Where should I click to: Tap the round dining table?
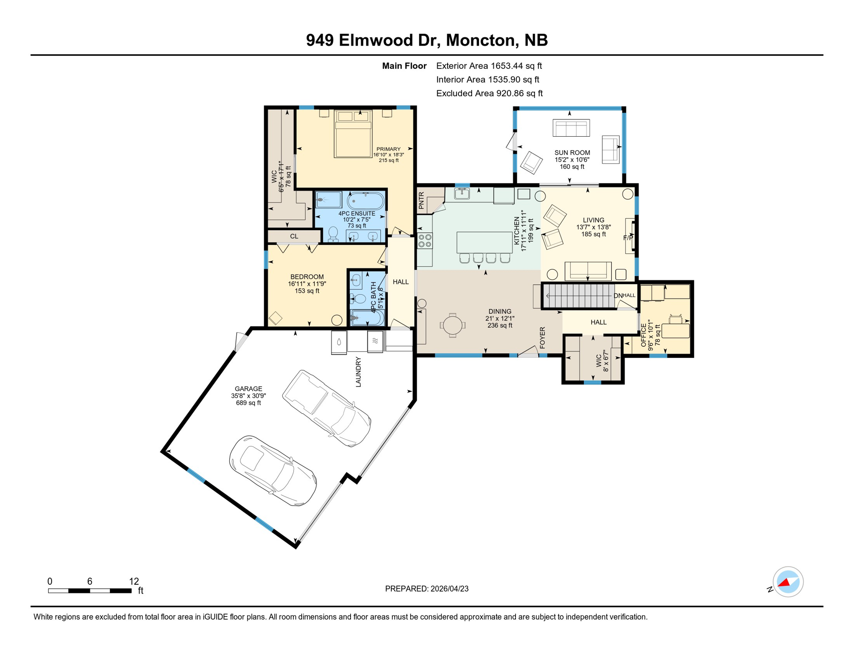[452, 325]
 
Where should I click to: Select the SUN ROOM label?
[572, 153]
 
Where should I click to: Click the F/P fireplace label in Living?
[628, 238]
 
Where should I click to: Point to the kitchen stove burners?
[425, 241]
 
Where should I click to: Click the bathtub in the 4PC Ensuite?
[365, 201]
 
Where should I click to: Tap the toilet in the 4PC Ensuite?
[333, 234]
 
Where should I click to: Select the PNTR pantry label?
[421, 201]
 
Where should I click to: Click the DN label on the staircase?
[618, 296]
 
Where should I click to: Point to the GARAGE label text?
[248, 389]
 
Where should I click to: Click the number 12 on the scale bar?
[134, 581]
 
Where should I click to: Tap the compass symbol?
[787, 582]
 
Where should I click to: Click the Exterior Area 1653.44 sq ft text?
[489, 66]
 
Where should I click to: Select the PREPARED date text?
[427, 589]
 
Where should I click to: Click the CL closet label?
[294, 236]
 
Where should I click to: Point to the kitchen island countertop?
[484, 242]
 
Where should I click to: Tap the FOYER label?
[542, 338]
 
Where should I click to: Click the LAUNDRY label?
[358, 372]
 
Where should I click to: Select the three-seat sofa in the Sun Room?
[571, 128]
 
